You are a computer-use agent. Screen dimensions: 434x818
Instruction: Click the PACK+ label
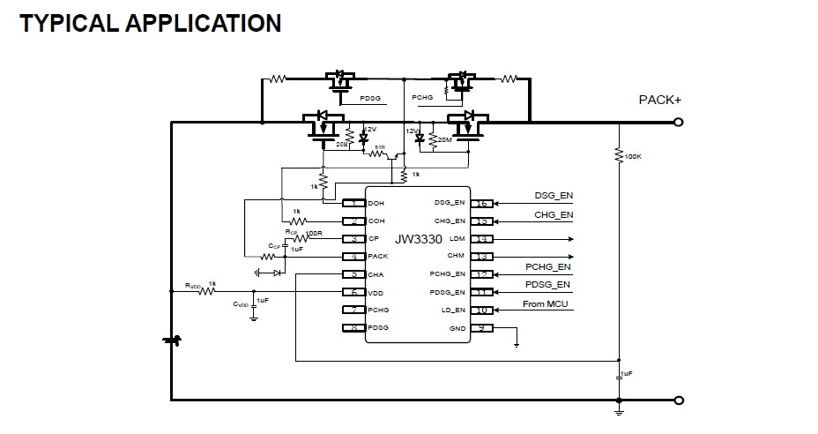(659, 101)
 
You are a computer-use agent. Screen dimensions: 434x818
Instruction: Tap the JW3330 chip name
(419, 239)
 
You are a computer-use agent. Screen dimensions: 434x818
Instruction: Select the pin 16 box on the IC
(482, 204)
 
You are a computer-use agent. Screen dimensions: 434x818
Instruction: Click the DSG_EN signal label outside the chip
(554, 196)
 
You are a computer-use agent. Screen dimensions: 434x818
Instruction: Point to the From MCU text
(545, 304)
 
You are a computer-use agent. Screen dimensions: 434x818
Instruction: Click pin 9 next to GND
(482, 328)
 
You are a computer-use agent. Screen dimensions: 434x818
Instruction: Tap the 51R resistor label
(380, 147)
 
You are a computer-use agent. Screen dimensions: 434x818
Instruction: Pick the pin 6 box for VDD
(353, 292)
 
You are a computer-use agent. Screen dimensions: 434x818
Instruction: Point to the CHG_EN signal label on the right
(554, 214)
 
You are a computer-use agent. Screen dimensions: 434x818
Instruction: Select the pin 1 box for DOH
(353, 204)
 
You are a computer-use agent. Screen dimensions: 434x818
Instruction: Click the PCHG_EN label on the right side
(547, 267)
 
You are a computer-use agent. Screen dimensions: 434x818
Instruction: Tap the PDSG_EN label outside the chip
(547, 285)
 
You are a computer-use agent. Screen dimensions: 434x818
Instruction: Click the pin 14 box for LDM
(482, 239)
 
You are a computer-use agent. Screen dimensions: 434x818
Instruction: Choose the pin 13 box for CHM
(482, 257)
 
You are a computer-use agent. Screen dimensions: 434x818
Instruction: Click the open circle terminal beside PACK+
(678, 123)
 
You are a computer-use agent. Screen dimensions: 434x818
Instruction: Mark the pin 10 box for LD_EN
(482, 311)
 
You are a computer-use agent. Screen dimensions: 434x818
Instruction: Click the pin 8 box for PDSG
(353, 328)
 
